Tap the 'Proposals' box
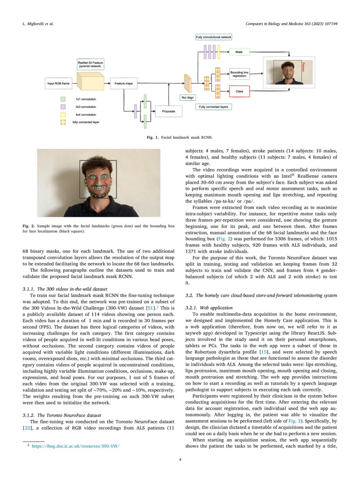(168, 112)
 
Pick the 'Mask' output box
(239, 52)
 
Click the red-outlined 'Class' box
(239, 92)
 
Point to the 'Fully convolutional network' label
(213, 37)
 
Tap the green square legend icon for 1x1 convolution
(63, 99)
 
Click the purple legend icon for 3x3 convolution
(63, 107)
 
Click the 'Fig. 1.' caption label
(153, 137)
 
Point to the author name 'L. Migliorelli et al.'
(38, 23)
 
